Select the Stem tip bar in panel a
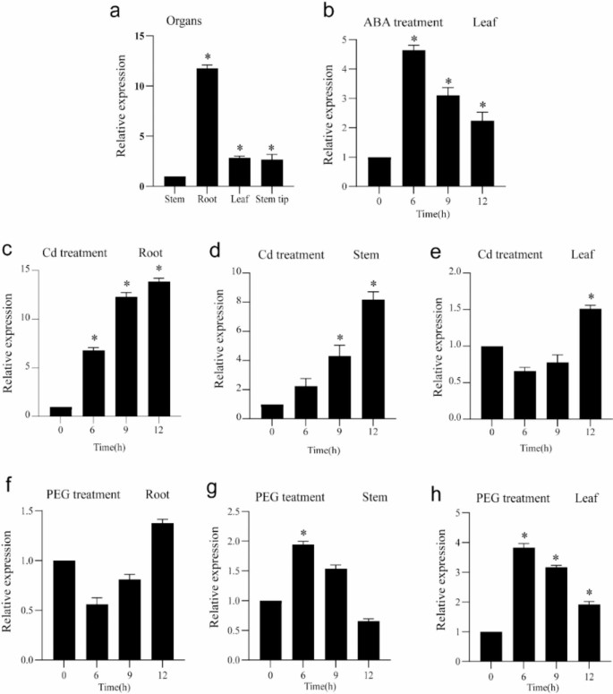pyautogui.click(x=271, y=173)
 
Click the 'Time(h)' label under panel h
pyautogui.click(x=525, y=683)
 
